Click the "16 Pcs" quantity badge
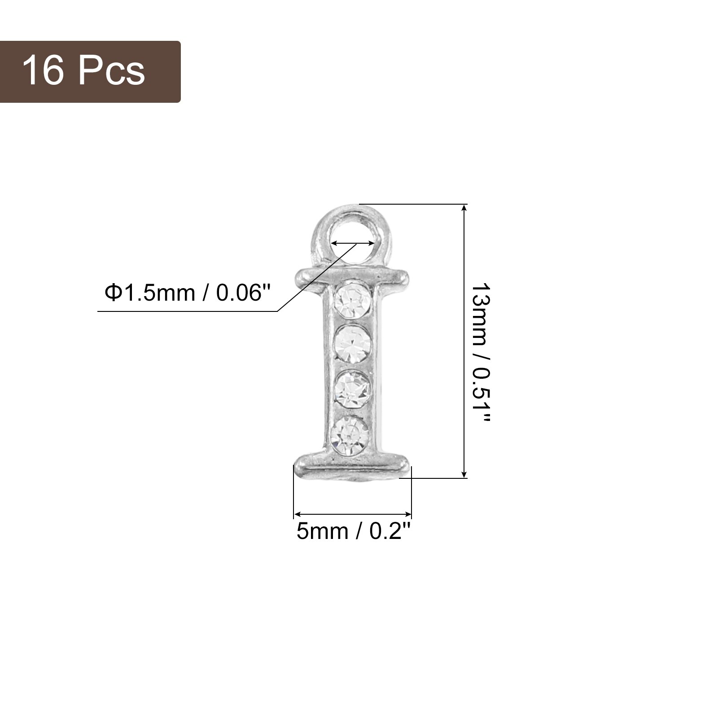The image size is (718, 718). click(x=90, y=72)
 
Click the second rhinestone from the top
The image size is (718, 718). click(x=354, y=343)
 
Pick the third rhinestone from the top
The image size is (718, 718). click(x=353, y=387)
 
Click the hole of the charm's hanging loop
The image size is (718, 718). click(x=352, y=243)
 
